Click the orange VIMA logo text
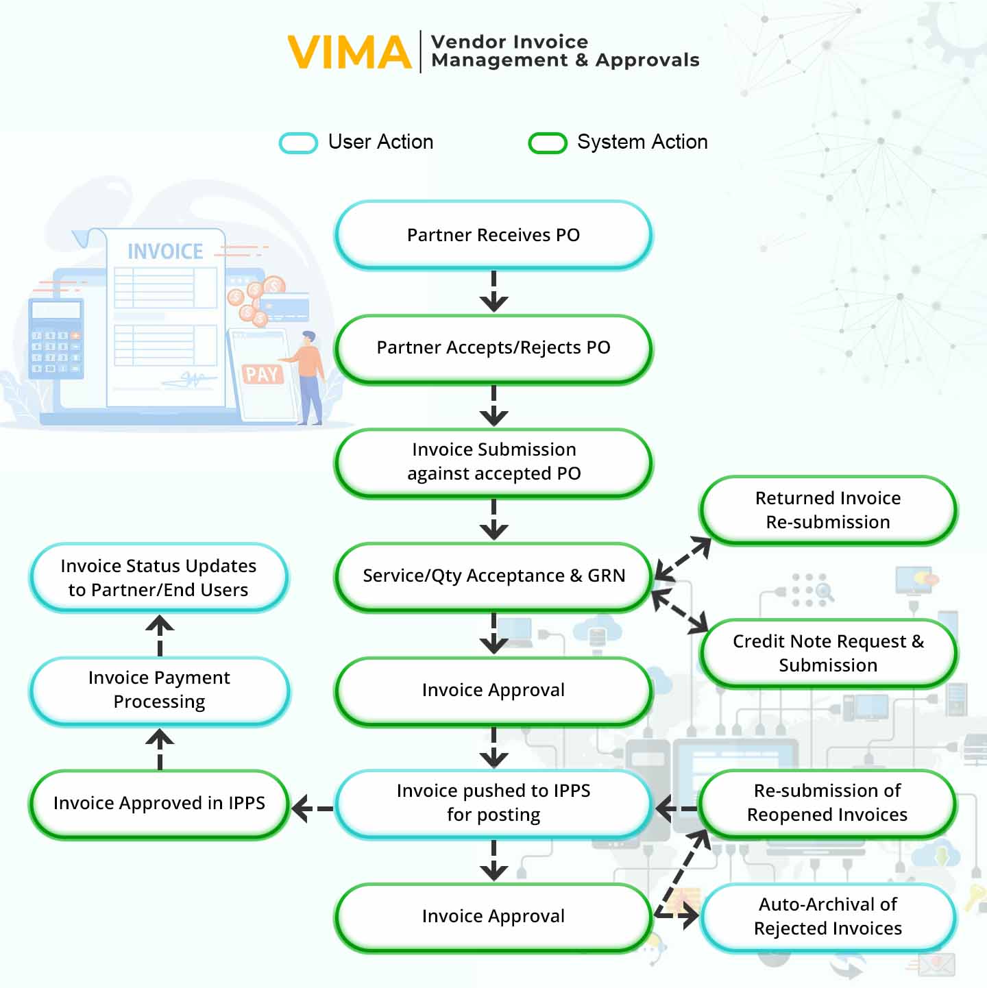(x=349, y=53)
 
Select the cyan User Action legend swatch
(x=298, y=143)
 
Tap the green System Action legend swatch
(x=547, y=143)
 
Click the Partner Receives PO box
(x=493, y=235)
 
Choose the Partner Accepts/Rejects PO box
(x=493, y=348)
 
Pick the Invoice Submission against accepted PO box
(x=493, y=462)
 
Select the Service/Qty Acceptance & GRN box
(x=493, y=576)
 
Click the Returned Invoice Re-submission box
(x=828, y=510)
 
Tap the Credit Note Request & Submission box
(x=828, y=653)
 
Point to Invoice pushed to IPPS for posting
(x=493, y=803)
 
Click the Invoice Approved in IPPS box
(x=159, y=803)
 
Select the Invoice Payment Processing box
(x=159, y=690)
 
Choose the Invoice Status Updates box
(x=159, y=578)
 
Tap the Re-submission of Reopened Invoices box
(x=828, y=803)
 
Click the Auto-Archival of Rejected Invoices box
(x=828, y=917)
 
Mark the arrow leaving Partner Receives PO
(x=493, y=293)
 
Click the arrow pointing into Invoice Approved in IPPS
(x=312, y=808)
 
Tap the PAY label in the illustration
(x=261, y=375)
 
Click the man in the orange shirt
(x=310, y=377)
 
